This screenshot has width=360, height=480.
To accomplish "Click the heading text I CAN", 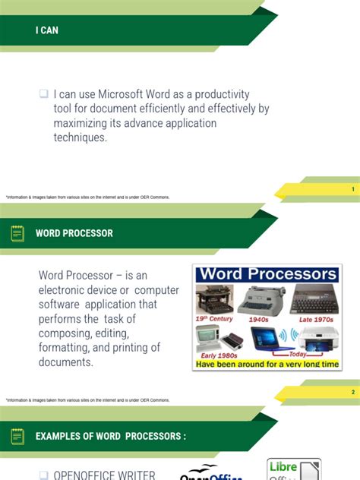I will [46, 30].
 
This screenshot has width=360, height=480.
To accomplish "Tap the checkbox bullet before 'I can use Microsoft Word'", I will [44, 94].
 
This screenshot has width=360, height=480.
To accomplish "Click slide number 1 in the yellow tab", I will [352, 189].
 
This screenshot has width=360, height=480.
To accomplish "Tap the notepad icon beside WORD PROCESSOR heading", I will [17, 233].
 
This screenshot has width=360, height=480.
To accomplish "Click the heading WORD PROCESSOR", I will [74, 233].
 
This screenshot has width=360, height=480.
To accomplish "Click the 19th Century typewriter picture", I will [213, 300].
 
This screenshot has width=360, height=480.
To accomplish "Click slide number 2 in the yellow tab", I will [352, 392].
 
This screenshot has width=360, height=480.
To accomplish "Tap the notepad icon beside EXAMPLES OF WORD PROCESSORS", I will [17, 436].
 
